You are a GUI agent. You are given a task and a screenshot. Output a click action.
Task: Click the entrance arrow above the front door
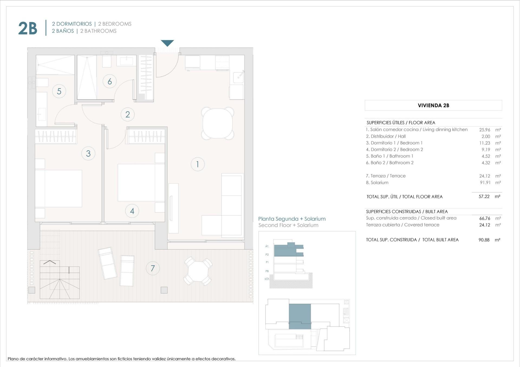pyautogui.click(x=167, y=43)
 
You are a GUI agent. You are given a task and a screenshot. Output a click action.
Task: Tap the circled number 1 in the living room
pyautogui.click(x=197, y=164)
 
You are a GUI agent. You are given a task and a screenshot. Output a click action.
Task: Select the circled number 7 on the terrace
pyautogui.click(x=153, y=268)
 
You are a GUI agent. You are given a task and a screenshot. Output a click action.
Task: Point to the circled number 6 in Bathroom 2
pyautogui.click(x=110, y=81)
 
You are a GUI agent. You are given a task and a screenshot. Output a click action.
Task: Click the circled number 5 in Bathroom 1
pyautogui.click(x=59, y=91)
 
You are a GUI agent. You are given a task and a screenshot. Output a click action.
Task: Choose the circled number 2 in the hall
pyautogui.click(x=128, y=114)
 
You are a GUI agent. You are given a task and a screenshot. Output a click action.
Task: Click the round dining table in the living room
pyautogui.click(x=217, y=123)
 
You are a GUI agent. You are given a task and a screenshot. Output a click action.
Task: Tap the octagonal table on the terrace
pyautogui.click(x=198, y=271)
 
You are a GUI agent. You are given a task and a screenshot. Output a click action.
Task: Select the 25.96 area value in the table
pyautogui.click(x=485, y=130)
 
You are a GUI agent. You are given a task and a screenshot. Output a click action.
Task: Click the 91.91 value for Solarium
pyautogui.click(x=485, y=183)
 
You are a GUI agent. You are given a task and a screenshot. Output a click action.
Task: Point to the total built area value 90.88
pyautogui.click(x=484, y=240)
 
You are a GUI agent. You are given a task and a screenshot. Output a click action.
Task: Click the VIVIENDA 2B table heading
pyautogui.click(x=433, y=105)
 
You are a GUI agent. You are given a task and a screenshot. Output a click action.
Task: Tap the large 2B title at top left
pyautogui.click(x=28, y=28)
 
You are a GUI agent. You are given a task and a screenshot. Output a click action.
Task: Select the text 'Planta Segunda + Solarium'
pyautogui.click(x=292, y=219)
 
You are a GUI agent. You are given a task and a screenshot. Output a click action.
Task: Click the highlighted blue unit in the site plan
pyautogui.click(x=300, y=316)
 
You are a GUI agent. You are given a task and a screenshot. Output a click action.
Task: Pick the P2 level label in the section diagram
pyautogui.click(x=267, y=254)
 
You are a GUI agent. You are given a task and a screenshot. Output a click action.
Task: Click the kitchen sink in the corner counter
pyautogui.click(x=238, y=77)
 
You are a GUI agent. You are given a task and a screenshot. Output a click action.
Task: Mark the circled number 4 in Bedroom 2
pyautogui.click(x=132, y=211)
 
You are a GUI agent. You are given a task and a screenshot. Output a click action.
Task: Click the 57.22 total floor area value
pyautogui.click(x=484, y=197)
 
